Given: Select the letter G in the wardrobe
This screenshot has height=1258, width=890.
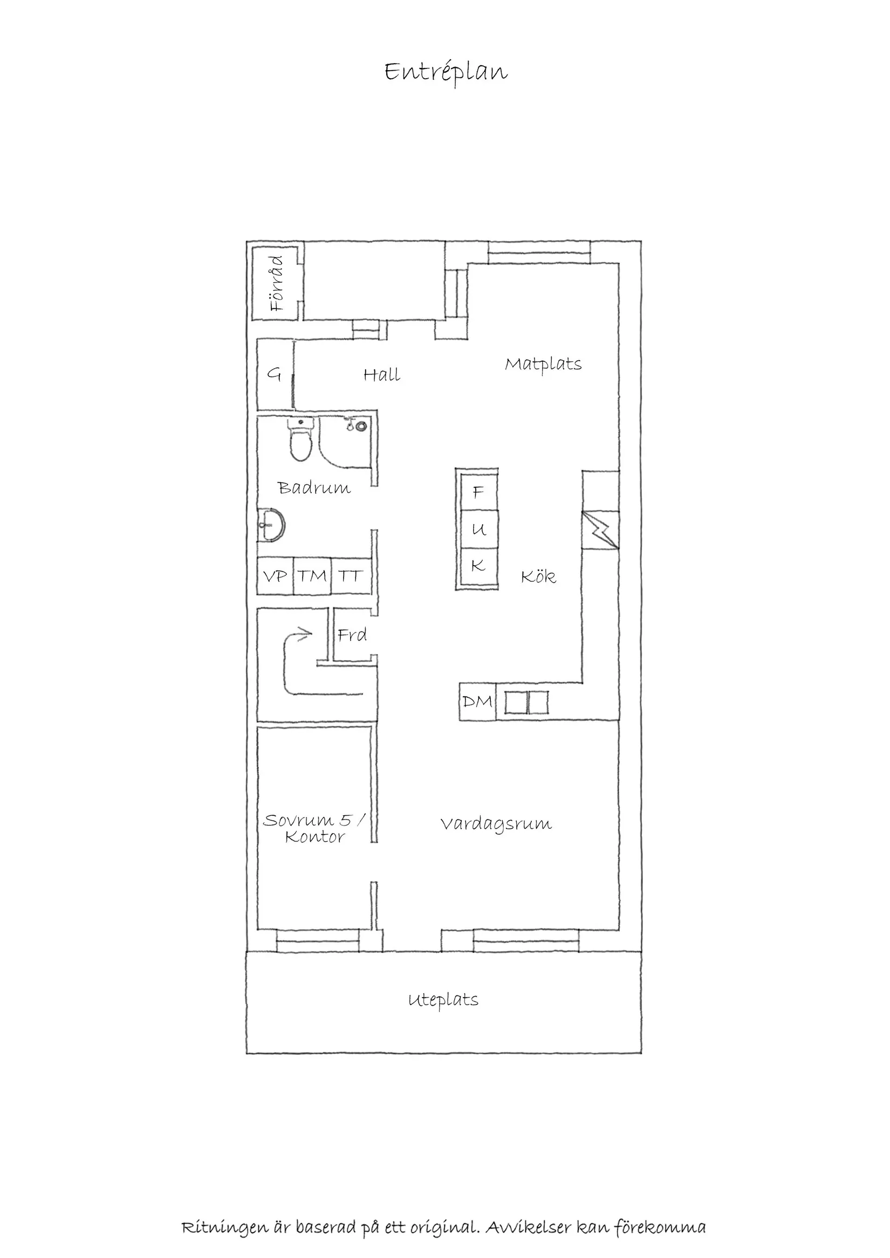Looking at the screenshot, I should click(x=274, y=374).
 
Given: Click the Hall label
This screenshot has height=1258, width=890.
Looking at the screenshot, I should click(x=381, y=375).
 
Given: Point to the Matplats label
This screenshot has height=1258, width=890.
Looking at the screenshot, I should click(x=543, y=365).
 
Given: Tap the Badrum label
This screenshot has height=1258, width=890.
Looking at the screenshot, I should click(x=313, y=487).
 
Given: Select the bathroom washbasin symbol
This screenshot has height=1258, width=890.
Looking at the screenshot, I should click(x=271, y=525).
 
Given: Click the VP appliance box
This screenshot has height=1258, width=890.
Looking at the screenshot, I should click(x=275, y=576).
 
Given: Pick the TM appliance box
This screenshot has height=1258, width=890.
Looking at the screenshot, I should click(x=312, y=576).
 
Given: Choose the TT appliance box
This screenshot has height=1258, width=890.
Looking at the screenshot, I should click(x=350, y=576).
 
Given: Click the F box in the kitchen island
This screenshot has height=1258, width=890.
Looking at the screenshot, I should click(x=478, y=492).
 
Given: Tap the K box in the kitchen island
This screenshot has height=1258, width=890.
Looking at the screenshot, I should click(x=478, y=566).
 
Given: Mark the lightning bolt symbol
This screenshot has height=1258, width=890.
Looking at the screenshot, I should click(x=601, y=530).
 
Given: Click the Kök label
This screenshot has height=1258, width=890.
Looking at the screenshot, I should click(x=538, y=576).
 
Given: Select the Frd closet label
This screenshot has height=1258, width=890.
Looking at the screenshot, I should click(x=352, y=635).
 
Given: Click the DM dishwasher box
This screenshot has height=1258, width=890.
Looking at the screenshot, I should click(x=477, y=702).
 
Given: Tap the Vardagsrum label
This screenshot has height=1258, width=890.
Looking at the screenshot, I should click(x=496, y=840).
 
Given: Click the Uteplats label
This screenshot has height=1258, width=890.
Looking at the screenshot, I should click(x=443, y=1000).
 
